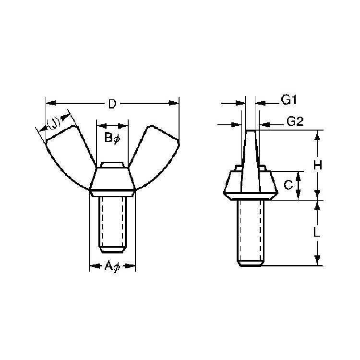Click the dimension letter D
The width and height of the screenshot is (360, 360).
click(112, 104)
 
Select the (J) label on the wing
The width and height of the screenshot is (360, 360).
click(54, 123)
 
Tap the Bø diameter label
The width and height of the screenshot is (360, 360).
click(112, 138)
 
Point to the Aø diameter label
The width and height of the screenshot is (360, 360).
click(112, 266)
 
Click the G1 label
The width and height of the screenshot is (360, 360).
click(289, 100)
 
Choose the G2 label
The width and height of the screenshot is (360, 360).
click(295, 121)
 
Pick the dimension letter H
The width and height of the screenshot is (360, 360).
click(318, 165)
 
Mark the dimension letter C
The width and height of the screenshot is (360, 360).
click(288, 185)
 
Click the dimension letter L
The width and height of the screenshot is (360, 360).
click(317, 233)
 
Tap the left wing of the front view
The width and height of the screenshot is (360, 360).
click(69, 158)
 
